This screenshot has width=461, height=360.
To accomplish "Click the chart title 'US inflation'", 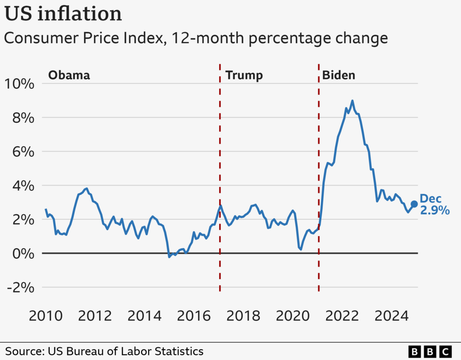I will pyautogui.click(x=63, y=14).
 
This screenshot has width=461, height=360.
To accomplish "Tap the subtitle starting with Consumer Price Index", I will pyautogui.click(x=196, y=38).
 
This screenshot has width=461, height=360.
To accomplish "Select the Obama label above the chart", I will pyautogui.click(x=69, y=75).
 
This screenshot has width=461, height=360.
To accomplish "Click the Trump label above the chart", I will pyautogui.click(x=244, y=75).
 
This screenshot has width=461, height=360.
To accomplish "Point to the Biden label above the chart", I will pyautogui.click(x=338, y=75).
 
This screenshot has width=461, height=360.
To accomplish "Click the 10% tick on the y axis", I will pyautogui.click(x=19, y=84).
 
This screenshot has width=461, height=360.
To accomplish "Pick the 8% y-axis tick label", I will pyautogui.click(x=22, y=118).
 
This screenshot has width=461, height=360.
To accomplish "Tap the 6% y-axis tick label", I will pyautogui.click(x=22, y=152).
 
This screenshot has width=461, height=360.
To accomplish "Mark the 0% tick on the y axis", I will pyautogui.click(x=22, y=254).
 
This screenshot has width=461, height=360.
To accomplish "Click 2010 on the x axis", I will pyautogui.click(x=46, y=316).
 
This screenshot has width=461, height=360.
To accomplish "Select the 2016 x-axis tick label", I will pyautogui.click(x=194, y=316).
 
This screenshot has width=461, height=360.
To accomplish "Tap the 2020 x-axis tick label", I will pyautogui.click(x=293, y=316).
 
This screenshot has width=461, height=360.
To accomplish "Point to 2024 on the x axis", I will pyautogui.click(x=392, y=316).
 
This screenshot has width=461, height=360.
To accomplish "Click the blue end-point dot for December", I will pyautogui.click(x=414, y=204).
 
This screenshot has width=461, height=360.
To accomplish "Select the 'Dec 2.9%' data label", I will pyautogui.click(x=434, y=205).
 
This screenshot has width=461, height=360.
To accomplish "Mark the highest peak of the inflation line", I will pyautogui.click(x=352, y=101).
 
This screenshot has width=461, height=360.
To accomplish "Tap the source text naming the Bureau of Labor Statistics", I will pyautogui.click(x=104, y=351).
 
